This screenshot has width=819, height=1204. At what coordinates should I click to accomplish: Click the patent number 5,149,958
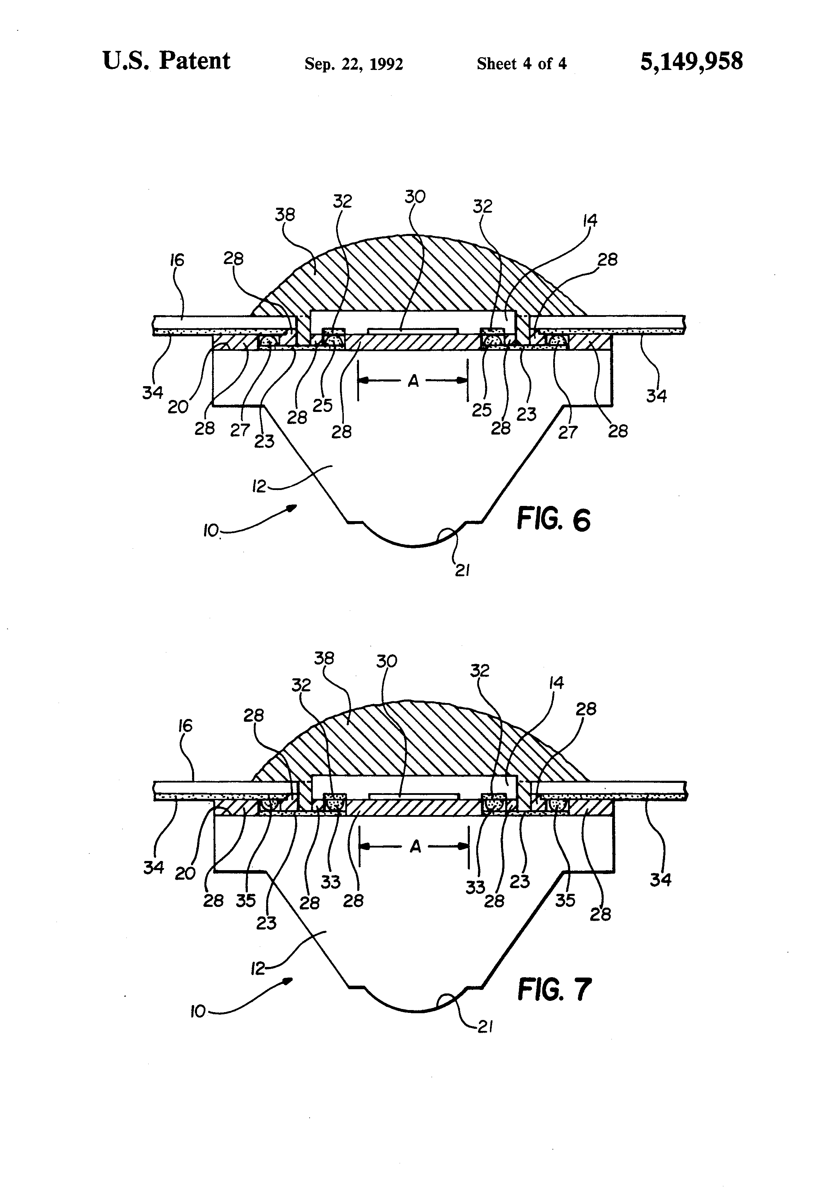[691, 61]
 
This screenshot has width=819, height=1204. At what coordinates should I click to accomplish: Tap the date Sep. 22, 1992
[354, 64]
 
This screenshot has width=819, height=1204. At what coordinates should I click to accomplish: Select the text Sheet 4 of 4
[521, 64]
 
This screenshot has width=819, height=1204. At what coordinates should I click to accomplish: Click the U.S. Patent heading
[166, 61]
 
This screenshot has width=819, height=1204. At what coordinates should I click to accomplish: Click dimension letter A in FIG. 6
[413, 381]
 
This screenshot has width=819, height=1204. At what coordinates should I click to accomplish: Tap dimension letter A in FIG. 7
[415, 847]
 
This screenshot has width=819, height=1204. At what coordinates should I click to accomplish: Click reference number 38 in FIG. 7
[324, 659]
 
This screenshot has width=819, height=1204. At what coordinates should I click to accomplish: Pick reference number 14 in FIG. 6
[590, 221]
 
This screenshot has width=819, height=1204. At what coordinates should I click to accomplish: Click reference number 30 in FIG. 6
[415, 197]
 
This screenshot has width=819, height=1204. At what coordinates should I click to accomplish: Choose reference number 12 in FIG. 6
[259, 486]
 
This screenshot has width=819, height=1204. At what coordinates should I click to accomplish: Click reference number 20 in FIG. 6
[178, 407]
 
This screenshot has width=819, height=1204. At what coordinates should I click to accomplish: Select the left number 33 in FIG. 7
[330, 882]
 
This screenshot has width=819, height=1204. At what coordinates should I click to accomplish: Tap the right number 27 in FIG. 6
[567, 432]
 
